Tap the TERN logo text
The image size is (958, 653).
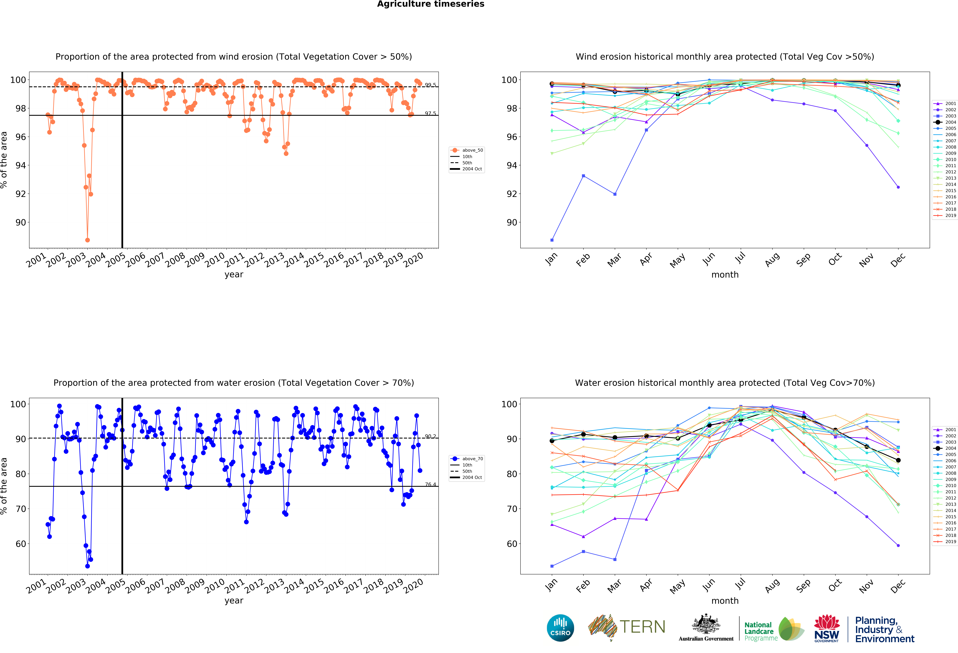(x=642, y=627)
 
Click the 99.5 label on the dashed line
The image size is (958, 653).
(x=430, y=85)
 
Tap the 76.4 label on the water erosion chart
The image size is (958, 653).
(x=430, y=484)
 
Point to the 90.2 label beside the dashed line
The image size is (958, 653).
(x=430, y=436)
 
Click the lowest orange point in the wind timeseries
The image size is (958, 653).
(x=87, y=240)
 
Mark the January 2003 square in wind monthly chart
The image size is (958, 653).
(x=552, y=240)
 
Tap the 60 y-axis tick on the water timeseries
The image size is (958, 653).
(x=21, y=544)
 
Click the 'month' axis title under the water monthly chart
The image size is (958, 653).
(x=725, y=601)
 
